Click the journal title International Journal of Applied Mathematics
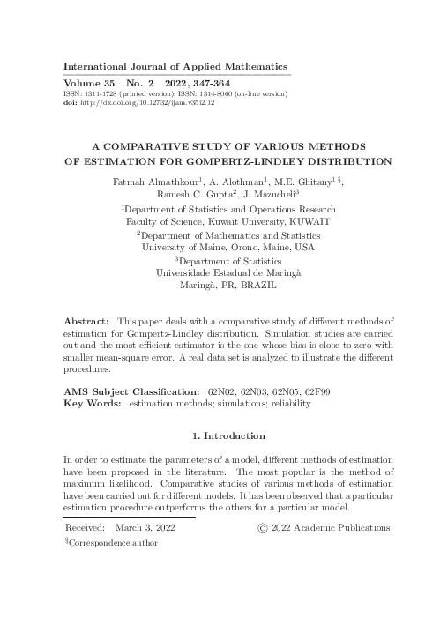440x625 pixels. click(177, 66)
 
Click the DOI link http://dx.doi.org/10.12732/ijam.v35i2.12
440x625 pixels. click(153, 101)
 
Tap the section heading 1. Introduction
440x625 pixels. click(228, 436)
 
